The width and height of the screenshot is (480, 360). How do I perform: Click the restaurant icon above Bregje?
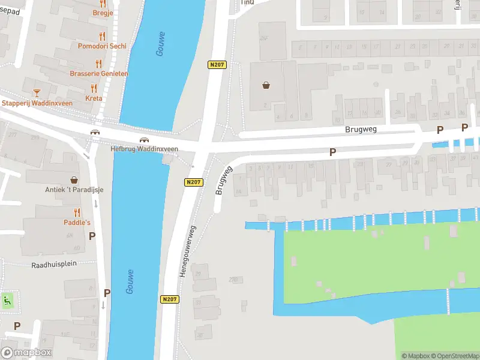coord(103,4)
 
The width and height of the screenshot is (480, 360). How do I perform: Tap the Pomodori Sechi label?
coord(102,46)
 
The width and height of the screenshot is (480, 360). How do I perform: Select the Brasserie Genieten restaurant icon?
coord(98,63)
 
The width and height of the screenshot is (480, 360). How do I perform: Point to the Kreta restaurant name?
coord(94,98)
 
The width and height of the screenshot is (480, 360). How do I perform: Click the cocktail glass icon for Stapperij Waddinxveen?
coord(37,92)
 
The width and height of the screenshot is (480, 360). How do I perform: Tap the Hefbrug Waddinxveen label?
coord(145,149)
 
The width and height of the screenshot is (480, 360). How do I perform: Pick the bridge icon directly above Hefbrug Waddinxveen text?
coord(144,140)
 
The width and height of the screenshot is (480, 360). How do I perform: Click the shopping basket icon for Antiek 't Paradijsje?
coord(74,179)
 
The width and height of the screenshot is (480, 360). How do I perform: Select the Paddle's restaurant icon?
coord(77,212)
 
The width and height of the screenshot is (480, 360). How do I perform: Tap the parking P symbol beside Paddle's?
coord(92,236)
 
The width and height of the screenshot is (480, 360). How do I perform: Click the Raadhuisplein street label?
coord(54,264)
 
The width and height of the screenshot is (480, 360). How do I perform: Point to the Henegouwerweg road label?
coord(187,251)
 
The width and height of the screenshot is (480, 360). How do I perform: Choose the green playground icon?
coord(7,301)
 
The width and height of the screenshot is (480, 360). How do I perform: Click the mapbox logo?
coord(26,353)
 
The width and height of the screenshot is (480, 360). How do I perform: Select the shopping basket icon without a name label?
coord(266,85)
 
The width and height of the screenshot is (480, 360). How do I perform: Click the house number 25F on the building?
coord(263,38)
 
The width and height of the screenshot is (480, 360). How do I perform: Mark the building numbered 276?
coord(232,280)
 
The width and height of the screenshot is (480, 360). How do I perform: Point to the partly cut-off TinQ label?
coord(247,2)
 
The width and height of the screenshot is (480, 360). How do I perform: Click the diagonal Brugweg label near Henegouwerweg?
coord(223,180)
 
